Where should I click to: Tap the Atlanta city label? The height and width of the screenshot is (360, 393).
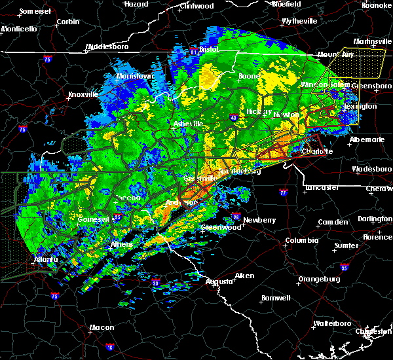click(45, 259)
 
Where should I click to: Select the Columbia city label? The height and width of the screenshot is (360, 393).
click(302, 240)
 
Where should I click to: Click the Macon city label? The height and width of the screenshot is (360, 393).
click(102, 327)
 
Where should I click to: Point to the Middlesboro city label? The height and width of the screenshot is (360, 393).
click(108, 47)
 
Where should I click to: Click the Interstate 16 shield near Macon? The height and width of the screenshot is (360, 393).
click(109, 348)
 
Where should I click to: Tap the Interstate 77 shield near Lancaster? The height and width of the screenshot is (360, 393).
click(283, 193)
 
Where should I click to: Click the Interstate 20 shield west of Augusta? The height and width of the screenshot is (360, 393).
click(156, 283)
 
